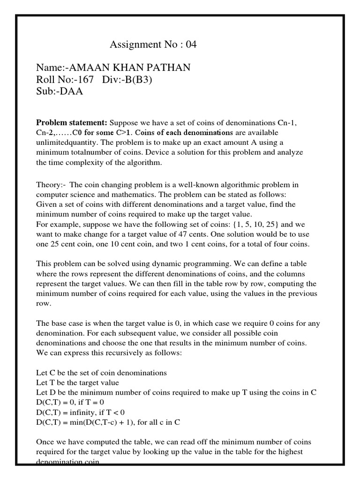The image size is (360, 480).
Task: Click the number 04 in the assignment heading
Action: pyautogui.click(x=191, y=45)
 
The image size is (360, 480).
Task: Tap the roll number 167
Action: pyautogui.click(x=84, y=79)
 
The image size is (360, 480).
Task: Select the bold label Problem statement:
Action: pyautogui.click(x=72, y=123)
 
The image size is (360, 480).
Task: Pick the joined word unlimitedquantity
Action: pyautogui.click(x=68, y=142)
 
